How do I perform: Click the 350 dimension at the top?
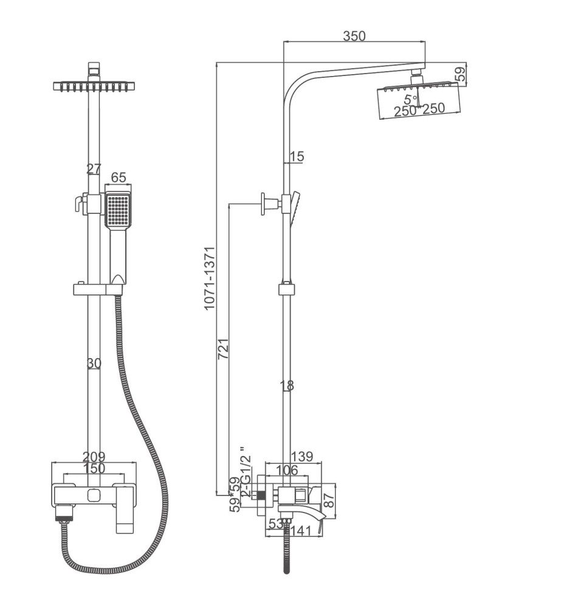pos(354,36)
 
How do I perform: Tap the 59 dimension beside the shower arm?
pos(461,74)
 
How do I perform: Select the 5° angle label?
pos(411,98)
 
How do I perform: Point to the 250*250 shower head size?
pos(419,109)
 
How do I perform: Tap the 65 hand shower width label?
pos(119,178)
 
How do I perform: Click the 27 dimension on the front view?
pos(94,168)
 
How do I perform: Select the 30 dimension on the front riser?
pos(94,363)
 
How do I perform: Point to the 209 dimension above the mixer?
pos(94,456)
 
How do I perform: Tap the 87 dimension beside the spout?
pos(330,500)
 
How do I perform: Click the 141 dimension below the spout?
pos(299,530)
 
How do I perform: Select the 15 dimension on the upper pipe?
pos(297,157)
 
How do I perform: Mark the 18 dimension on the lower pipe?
pos(287,385)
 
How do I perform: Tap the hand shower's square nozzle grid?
pos(117,209)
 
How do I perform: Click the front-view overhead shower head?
pos(94,86)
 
